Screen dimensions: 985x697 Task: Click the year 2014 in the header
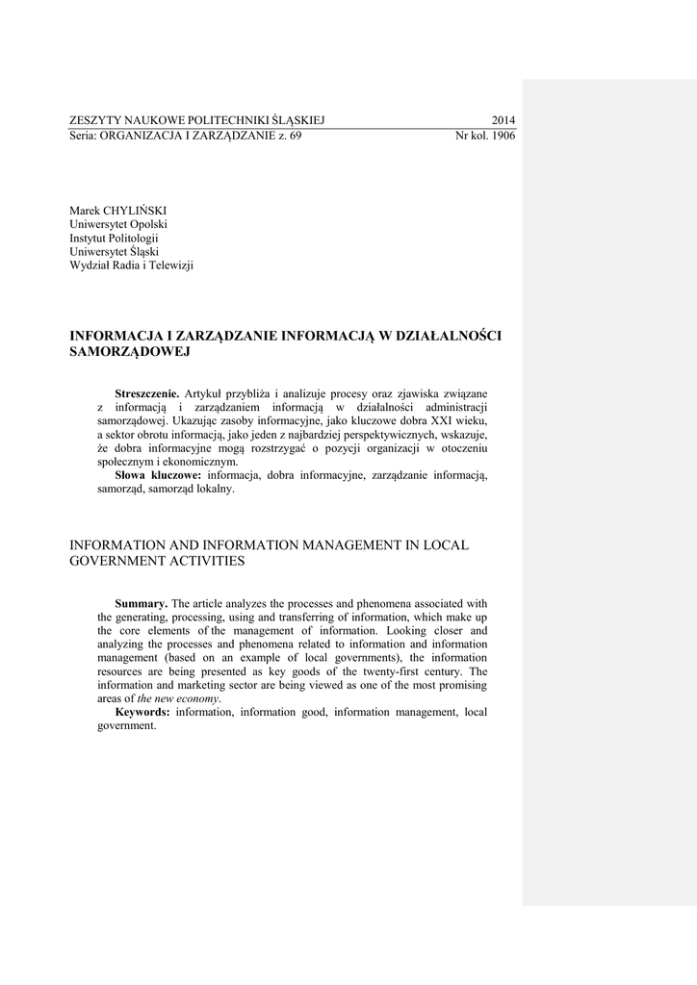503,120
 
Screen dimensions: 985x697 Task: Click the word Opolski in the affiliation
147,224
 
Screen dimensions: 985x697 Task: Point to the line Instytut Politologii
114,238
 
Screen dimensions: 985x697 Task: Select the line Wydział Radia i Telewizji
131,265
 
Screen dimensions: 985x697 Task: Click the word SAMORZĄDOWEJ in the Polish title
130,351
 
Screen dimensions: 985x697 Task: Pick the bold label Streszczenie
147,393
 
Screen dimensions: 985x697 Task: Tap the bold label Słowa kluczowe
158,475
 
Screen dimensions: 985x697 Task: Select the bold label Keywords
142,712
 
